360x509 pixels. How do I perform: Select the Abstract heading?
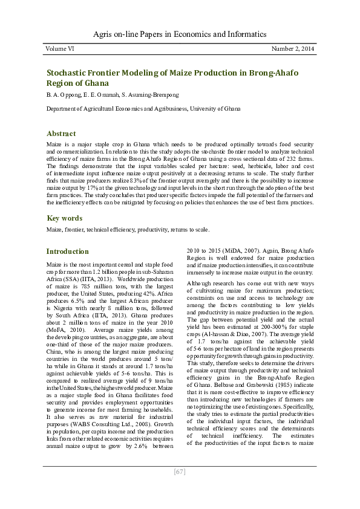click(61, 134)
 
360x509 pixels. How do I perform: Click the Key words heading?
click(64, 218)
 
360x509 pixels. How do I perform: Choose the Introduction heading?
click(68, 251)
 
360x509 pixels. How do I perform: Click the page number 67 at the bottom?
click(180, 472)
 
